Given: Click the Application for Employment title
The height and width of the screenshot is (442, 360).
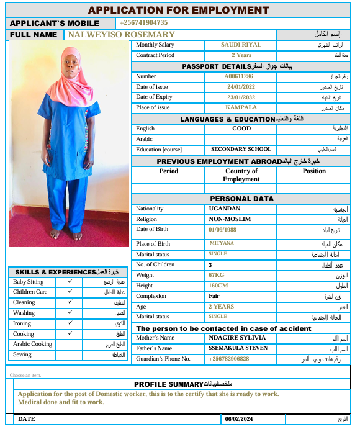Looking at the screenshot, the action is pyautogui.click(x=179, y=10).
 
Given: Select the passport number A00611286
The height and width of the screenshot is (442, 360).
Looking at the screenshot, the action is pyautogui.click(x=239, y=76).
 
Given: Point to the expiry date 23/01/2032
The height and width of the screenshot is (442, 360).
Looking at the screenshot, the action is pyautogui.click(x=241, y=97).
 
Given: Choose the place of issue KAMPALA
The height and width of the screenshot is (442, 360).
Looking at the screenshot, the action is pyautogui.click(x=240, y=107).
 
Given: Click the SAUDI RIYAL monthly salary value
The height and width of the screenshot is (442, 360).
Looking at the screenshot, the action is pyautogui.click(x=241, y=45).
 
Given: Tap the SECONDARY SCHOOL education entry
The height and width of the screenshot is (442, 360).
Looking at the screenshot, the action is pyautogui.click(x=241, y=149).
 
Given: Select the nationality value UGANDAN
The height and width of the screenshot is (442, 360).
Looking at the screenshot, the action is pyautogui.click(x=225, y=209).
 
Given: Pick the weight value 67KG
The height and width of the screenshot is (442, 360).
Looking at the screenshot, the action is pyautogui.click(x=216, y=275).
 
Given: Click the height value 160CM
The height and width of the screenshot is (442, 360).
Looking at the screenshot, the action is pyautogui.click(x=218, y=286).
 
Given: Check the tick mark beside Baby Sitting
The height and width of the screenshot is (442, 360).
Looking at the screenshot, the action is pyautogui.click(x=71, y=282).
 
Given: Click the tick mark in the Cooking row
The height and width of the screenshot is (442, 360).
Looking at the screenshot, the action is pyautogui.click(x=71, y=333).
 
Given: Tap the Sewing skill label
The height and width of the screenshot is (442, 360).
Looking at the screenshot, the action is pyautogui.click(x=22, y=355).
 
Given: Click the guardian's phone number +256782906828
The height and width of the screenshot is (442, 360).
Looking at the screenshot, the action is pyautogui.click(x=229, y=359).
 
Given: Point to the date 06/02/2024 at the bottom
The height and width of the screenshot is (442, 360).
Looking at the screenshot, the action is pyautogui.click(x=240, y=419).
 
